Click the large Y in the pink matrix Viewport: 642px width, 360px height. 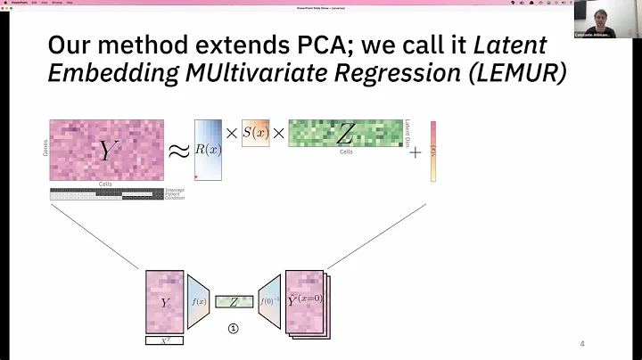(x=107, y=151)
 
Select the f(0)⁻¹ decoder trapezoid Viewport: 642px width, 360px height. (x=269, y=302)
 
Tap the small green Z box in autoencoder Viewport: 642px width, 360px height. (x=234, y=303)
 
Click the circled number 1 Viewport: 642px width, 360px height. (x=234, y=328)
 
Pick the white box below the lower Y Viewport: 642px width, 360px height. (x=164, y=340)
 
